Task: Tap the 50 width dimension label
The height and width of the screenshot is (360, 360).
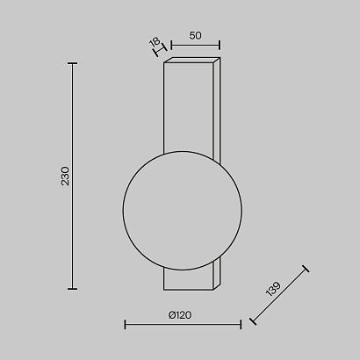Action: [x=194, y=37]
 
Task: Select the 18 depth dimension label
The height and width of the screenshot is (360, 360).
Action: [x=154, y=41]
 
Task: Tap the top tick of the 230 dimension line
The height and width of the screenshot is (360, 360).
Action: [x=72, y=63]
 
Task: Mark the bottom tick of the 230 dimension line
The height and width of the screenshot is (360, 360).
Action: [x=72, y=288]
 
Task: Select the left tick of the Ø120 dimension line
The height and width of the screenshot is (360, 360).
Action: [x=126, y=325]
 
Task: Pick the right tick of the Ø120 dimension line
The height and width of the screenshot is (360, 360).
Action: [x=241, y=325]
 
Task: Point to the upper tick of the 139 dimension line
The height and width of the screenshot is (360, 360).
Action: [x=304, y=270]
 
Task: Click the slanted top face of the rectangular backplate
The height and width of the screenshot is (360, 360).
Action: [x=191, y=62]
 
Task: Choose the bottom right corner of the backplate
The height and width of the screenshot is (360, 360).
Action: [x=219, y=288]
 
